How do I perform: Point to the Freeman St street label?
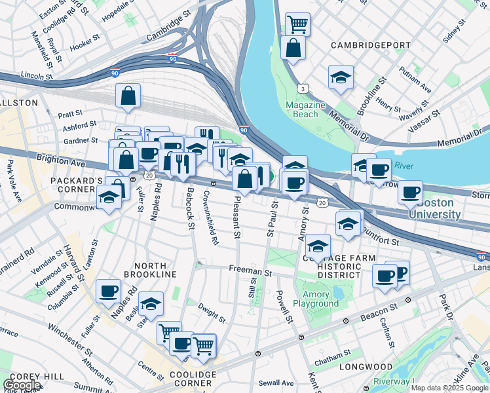click(x=250, y=269)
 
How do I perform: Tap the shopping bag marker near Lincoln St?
click(x=128, y=96)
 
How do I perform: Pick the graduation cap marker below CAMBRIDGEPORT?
click(x=341, y=77)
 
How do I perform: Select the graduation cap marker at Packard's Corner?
click(x=109, y=196)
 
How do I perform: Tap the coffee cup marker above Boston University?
click(x=410, y=191)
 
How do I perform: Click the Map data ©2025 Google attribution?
click(x=449, y=388)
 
